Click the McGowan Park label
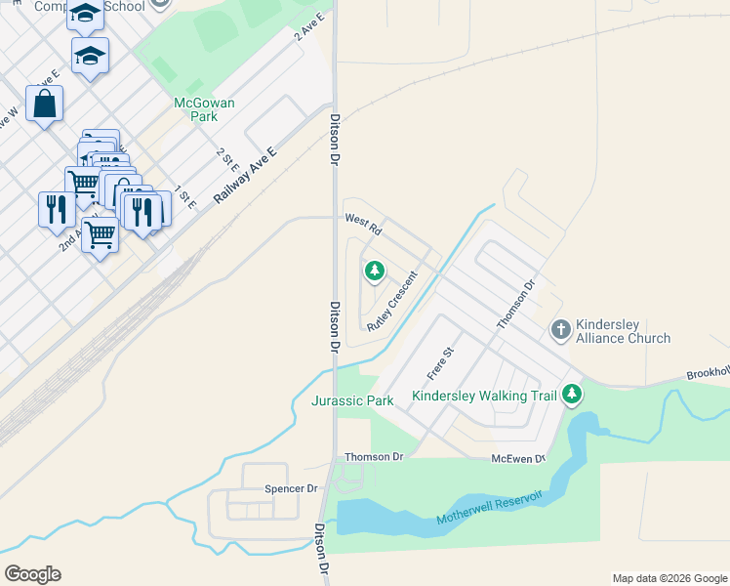pos(195,108)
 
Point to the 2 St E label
pos(227,160)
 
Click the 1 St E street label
pos(185,196)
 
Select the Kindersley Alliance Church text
pos(623,331)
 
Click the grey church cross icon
pos(560,329)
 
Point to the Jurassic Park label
pos(352,400)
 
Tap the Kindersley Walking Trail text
pos(483,396)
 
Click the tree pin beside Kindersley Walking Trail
pos(572,395)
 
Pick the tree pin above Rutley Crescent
pos(373,271)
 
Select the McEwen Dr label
pos(518,458)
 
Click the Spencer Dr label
pos(292,488)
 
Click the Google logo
pos(32,574)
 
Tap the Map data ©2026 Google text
pos(669,578)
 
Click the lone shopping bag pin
pos(44,104)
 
